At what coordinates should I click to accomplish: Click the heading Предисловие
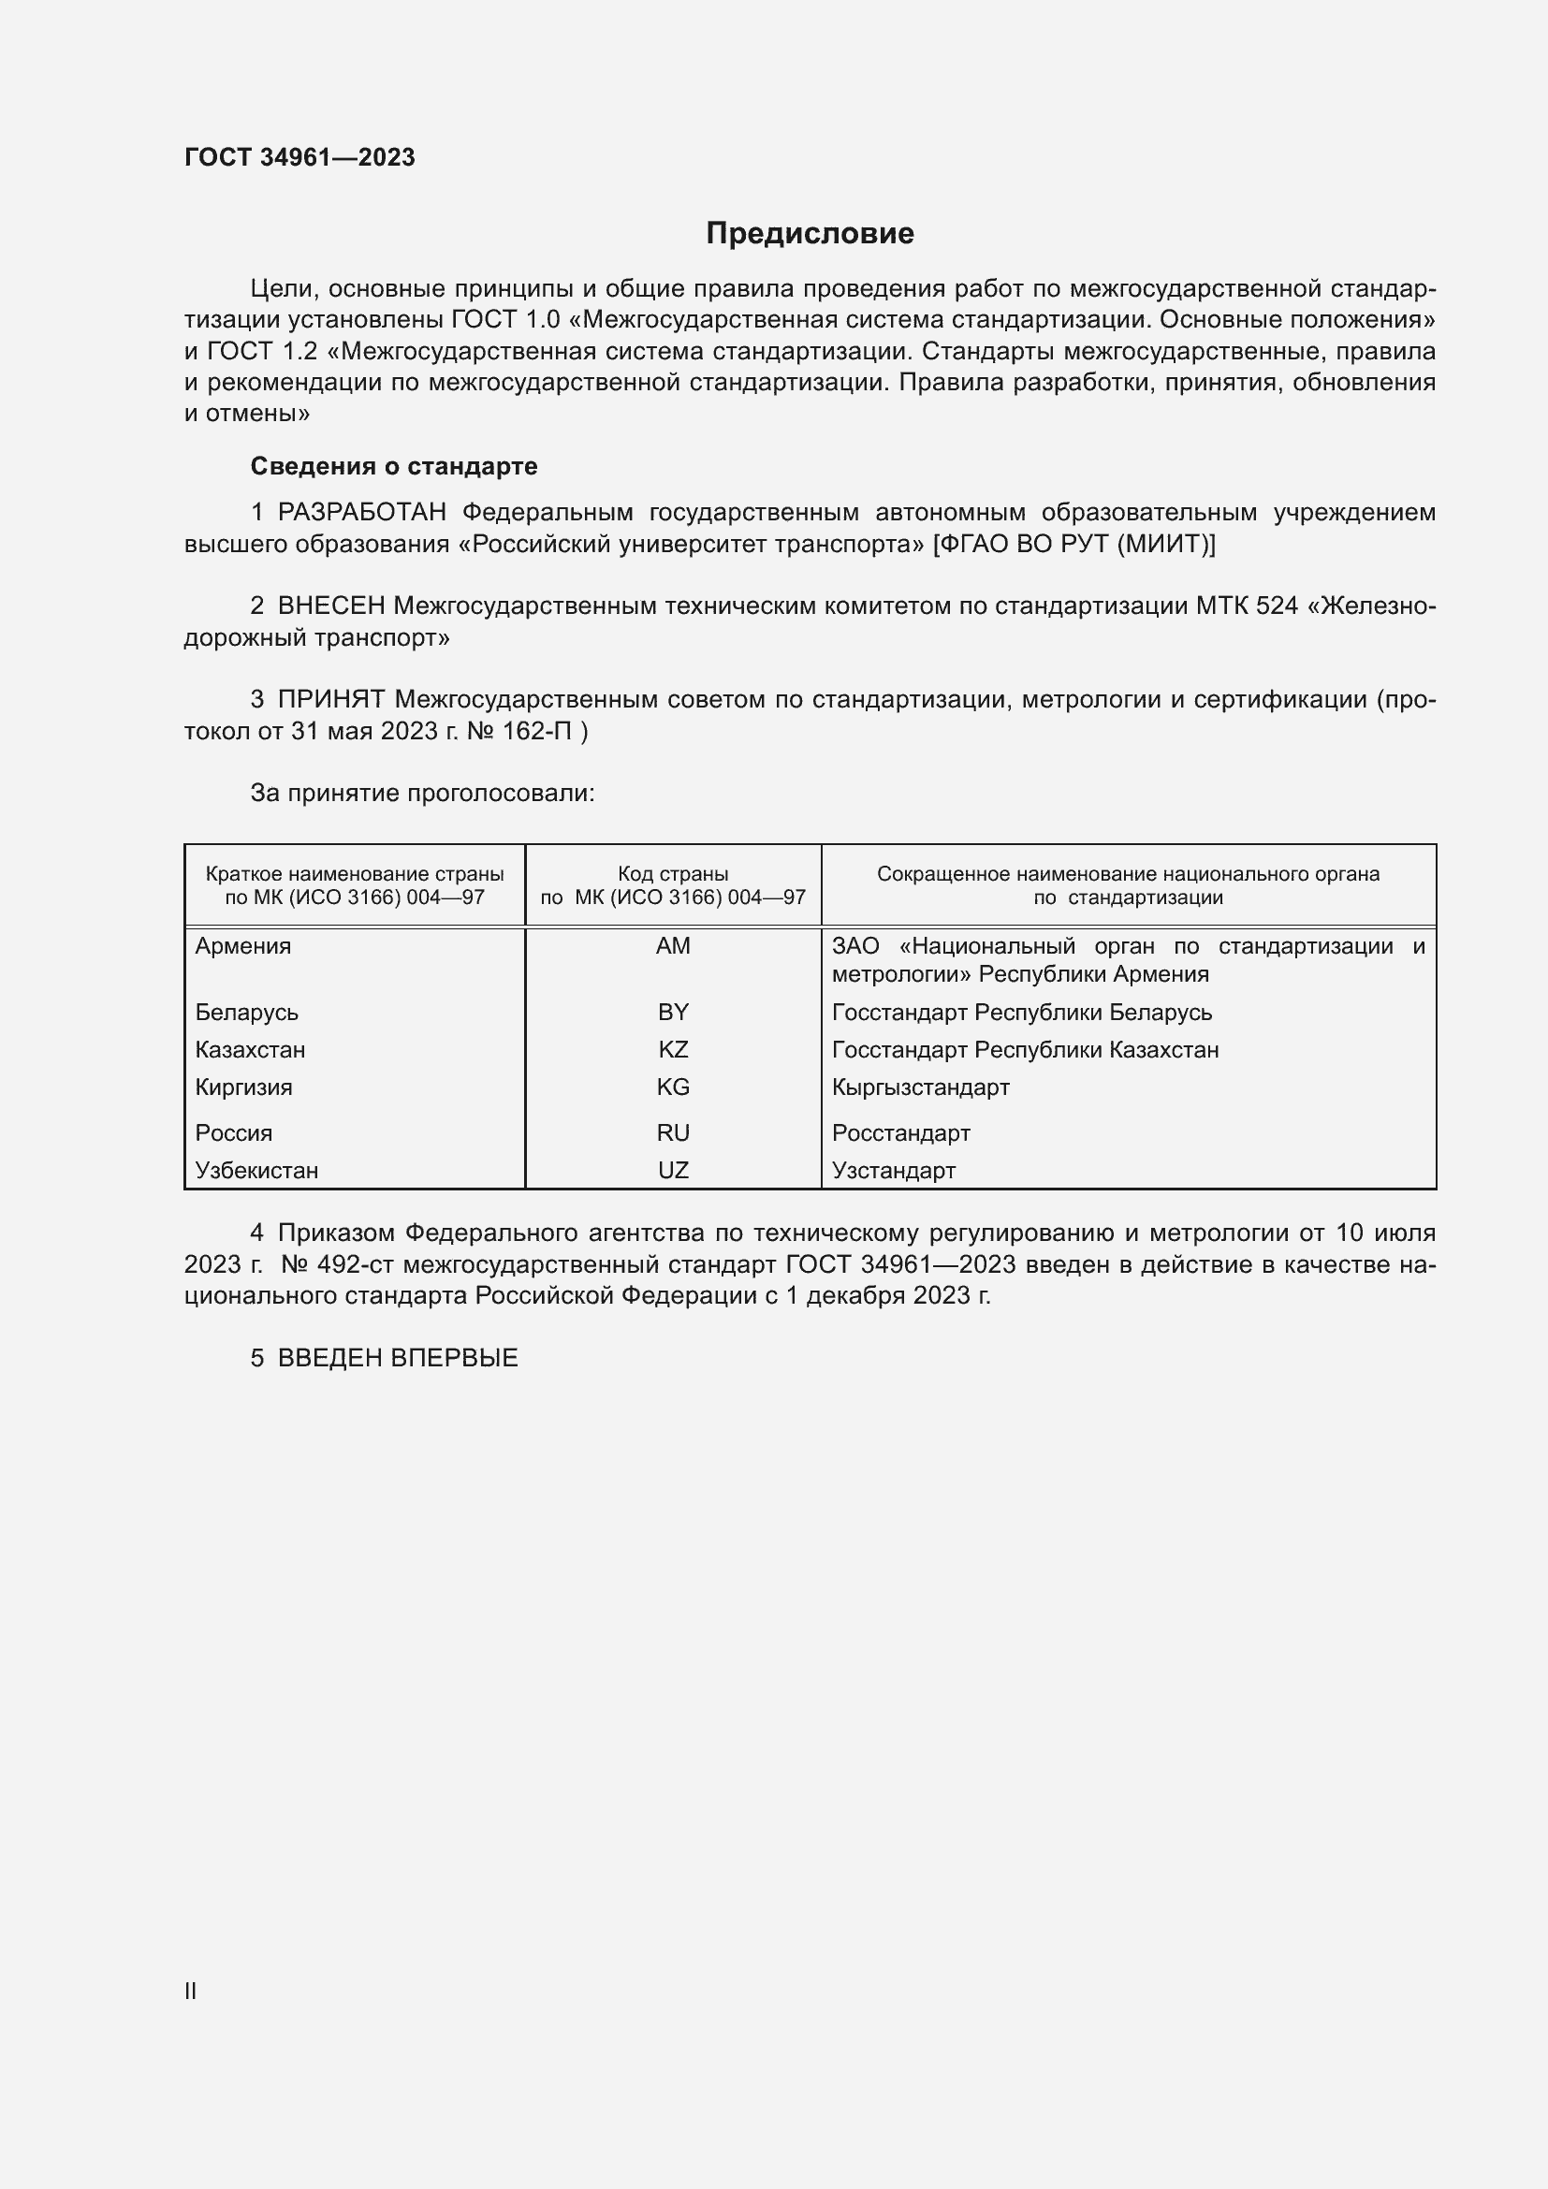(x=810, y=234)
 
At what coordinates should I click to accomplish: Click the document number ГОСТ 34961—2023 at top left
(x=299, y=157)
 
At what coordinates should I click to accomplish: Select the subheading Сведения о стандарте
(x=393, y=466)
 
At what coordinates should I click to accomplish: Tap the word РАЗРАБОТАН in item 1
(x=361, y=513)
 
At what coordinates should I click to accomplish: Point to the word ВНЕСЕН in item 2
(x=330, y=606)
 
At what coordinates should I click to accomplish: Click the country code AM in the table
(x=673, y=946)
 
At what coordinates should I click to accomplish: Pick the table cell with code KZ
(x=673, y=1050)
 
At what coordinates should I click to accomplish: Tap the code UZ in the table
(x=673, y=1170)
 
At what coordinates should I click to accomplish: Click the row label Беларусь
(x=247, y=1013)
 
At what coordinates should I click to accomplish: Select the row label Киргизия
(x=243, y=1087)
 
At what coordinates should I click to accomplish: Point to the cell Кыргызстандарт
(x=920, y=1087)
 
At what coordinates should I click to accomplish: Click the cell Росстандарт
(x=900, y=1132)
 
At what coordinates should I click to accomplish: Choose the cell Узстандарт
(x=893, y=1170)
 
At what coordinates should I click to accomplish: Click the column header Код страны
(x=673, y=873)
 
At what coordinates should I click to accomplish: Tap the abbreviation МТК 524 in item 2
(x=1247, y=606)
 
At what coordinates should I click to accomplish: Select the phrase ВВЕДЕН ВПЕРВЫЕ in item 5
(x=398, y=1358)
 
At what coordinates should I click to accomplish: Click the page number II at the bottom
(x=191, y=1991)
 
